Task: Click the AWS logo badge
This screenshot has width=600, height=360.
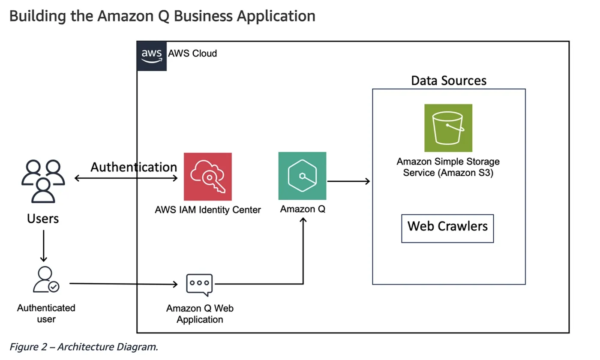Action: pos(152,56)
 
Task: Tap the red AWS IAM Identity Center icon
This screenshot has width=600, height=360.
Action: pos(207,177)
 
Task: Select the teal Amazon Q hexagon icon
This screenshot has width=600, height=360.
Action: pos(302,176)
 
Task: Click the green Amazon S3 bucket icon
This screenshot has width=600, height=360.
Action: pos(448,128)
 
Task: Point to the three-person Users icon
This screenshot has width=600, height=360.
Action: pos(43,180)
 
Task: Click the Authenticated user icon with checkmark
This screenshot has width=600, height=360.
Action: pos(46,280)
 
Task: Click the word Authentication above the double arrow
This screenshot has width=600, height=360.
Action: pos(134,167)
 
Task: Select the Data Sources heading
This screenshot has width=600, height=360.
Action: pos(449,80)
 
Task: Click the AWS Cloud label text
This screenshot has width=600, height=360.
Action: pos(192,54)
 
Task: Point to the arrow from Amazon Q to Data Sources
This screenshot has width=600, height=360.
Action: pos(348,181)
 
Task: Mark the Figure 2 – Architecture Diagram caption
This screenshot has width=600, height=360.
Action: pos(84,347)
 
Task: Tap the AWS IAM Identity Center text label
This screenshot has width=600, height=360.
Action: pos(208,210)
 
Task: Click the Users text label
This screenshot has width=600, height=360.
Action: pos(43,219)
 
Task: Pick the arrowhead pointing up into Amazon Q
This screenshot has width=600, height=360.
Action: pos(303,221)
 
